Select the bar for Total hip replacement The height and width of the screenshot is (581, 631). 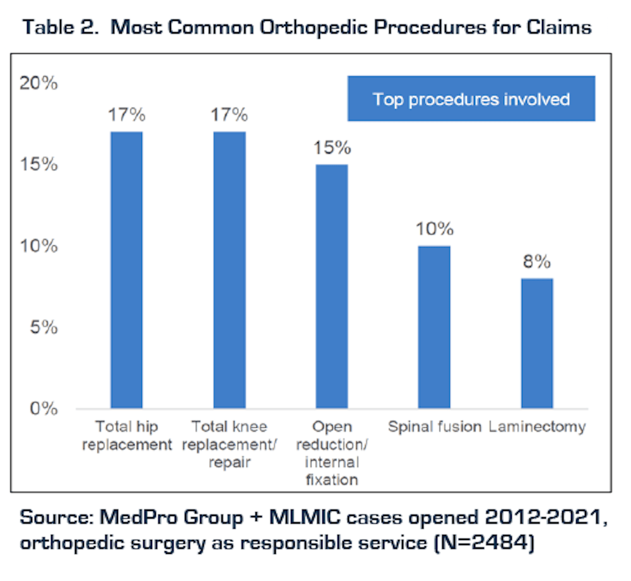click(x=126, y=270)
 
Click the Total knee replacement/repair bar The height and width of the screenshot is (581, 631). click(x=229, y=270)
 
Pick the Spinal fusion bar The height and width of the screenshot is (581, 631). click(x=434, y=326)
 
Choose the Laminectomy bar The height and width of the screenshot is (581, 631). click(x=537, y=343)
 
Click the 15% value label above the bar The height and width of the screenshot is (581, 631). click(x=332, y=148)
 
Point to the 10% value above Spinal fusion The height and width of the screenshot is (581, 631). click(x=434, y=229)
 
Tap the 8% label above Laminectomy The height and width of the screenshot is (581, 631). click(x=537, y=261)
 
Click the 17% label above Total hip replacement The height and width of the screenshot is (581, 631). click(x=126, y=115)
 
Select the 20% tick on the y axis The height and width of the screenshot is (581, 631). click(x=40, y=83)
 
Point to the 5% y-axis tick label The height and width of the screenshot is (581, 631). click(x=44, y=327)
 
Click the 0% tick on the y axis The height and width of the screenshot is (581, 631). click(x=44, y=409)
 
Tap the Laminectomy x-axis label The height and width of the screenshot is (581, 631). click(x=537, y=427)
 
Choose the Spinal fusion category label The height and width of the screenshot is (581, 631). click(x=435, y=427)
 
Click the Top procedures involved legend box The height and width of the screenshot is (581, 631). click(x=471, y=99)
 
